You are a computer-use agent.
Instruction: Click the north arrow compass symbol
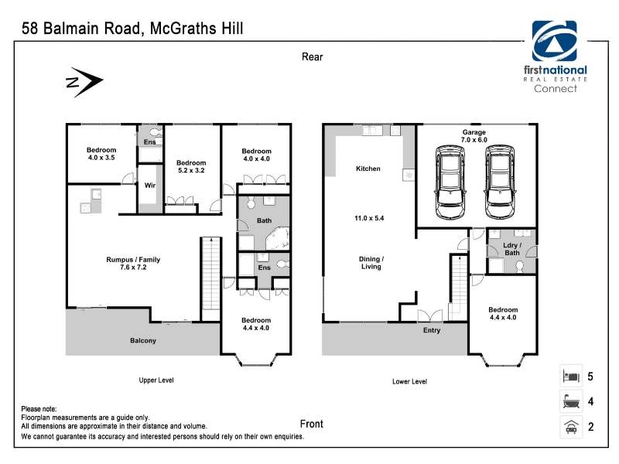pyautogui.click(x=84, y=82)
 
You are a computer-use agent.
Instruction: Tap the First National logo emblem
pyautogui.click(x=554, y=41)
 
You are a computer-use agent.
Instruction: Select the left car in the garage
pyautogui.click(x=450, y=182)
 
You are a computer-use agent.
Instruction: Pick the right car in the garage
pyautogui.click(x=500, y=182)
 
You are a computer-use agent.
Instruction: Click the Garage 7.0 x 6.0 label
pyautogui.click(x=474, y=136)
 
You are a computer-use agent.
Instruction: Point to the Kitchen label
pyautogui.click(x=368, y=169)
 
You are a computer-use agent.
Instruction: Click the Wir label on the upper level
pyautogui.click(x=150, y=185)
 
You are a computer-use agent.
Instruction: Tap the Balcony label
pyautogui.click(x=143, y=340)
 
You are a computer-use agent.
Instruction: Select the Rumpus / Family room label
pyautogui.click(x=133, y=263)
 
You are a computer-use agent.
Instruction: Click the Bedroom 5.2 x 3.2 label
pyautogui.click(x=191, y=166)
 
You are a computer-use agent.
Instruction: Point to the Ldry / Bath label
pyautogui.click(x=512, y=249)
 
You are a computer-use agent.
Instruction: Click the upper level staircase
pyautogui.click(x=211, y=279)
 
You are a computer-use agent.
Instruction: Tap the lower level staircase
pyautogui.click(x=459, y=288)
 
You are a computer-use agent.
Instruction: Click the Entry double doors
pyautogui.click(x=430, y=316)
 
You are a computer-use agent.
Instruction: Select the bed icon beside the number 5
pyautogui.click(x=571, y=376)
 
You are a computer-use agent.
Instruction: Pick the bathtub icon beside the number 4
pyautogui.click(x=571, y=401)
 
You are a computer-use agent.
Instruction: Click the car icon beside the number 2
pyautogui.click(x=571, y=427)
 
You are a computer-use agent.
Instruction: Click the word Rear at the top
pyautogui.click(x=313, y=56)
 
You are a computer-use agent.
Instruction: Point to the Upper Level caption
pyautogui.click(x=156, y=380)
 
